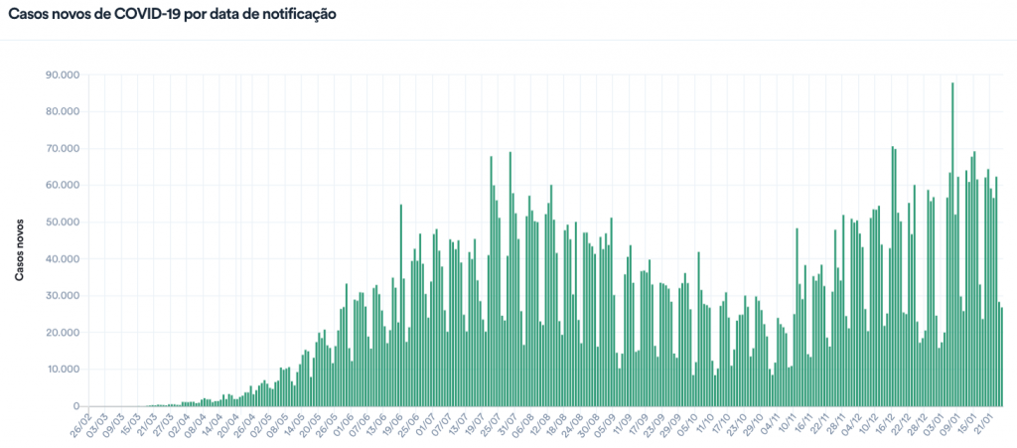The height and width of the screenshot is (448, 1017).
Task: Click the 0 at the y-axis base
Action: (75, 405)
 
